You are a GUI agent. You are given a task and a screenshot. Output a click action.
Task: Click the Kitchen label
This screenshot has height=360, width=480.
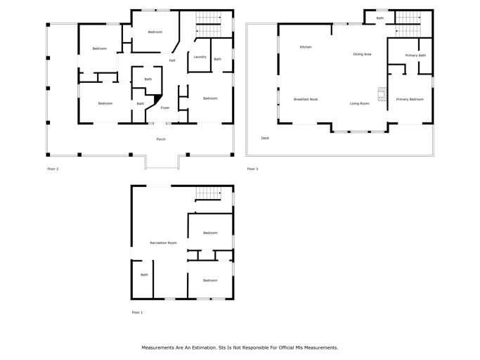click(306, 47)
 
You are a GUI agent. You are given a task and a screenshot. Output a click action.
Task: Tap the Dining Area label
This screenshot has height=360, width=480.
click(362, 54)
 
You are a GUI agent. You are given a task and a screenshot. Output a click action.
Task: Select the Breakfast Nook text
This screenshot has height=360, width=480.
click(306, 99)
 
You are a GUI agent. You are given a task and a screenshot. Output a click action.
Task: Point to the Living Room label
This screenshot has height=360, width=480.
click(359, 103)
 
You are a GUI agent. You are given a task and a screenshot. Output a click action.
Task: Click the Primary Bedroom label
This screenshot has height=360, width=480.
click(410, 99)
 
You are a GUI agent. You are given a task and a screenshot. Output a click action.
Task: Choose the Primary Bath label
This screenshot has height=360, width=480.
click(415, 56)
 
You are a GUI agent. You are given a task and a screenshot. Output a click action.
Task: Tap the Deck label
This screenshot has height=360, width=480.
click(265, 139)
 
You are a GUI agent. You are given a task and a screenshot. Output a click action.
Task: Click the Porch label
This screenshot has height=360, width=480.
click(161, 139)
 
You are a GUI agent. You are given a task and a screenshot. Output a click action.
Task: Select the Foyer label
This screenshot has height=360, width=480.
click(165, 108)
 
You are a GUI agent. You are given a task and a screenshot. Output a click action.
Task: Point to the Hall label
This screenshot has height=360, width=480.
click(172, 60)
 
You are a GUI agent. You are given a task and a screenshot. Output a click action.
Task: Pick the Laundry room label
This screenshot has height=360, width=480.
click(200, 57)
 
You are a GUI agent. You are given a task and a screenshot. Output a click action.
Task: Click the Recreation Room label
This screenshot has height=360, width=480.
click(164, 243)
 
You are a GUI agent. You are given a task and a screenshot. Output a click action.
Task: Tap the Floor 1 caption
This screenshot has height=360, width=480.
click(137, 312)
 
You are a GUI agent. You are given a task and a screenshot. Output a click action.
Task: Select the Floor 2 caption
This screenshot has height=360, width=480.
click(53, 169)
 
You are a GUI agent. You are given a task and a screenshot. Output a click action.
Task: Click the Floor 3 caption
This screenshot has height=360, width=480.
click(252, 169)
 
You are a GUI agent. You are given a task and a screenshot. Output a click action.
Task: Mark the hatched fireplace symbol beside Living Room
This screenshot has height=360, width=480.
click(382, 94)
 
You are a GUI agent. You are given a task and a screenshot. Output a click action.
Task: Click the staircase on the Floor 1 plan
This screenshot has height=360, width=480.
click(208, 194)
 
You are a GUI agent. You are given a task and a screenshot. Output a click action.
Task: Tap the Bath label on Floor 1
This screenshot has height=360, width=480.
click(144, 275)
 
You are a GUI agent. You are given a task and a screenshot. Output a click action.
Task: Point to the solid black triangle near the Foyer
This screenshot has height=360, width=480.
click(157, 98)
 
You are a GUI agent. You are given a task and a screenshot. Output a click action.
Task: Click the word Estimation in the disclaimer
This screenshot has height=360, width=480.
click(205, 348)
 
